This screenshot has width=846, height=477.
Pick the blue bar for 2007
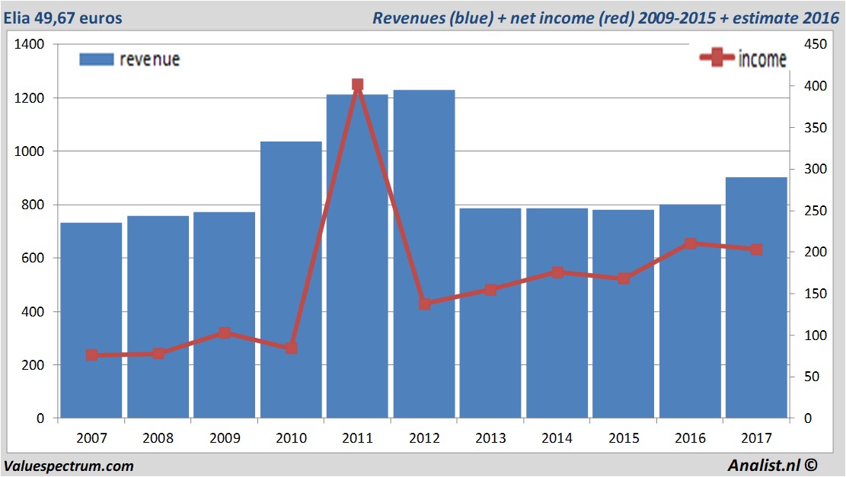pyautogui.click(x=91, y=320)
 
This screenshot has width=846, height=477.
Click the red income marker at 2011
pyautogui.click(x=358, y=85)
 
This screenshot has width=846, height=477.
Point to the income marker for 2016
pyautogui.click(x=690, y=243)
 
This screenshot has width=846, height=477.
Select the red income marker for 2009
pyautogui.click(x=225, y=333)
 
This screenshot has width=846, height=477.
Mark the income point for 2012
pyautogui.click(x=424, y=304)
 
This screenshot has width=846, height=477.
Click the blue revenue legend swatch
pyautogui.click(x=96, y=59)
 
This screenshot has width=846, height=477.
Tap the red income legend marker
pyautogui.click(x=717, y=59)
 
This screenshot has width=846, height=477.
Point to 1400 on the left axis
pyautogui.click(x=30, y=45)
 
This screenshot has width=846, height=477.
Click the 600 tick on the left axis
pyautogui.click(x=34, y=259)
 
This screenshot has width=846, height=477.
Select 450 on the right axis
pyautogui.click(x=809, y=45)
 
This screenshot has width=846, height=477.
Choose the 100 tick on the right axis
pyautogui.click(x=809, y=335)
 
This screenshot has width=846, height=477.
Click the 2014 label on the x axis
pyautogui.click(x=557, y=438)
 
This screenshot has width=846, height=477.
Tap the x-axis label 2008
pyautogui.click(x=158, y=438)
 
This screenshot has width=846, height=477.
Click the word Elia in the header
pyautogui.click(x=20, y=17)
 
